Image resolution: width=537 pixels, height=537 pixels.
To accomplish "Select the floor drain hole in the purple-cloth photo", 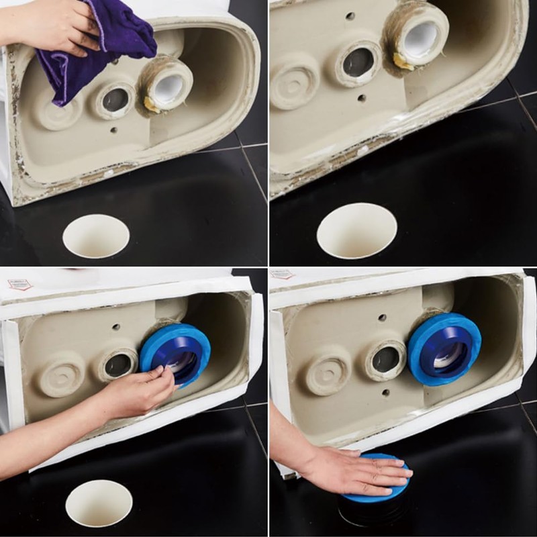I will (x=96, y=236).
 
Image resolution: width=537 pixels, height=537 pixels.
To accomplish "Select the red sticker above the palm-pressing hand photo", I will (x=282, y=275).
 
